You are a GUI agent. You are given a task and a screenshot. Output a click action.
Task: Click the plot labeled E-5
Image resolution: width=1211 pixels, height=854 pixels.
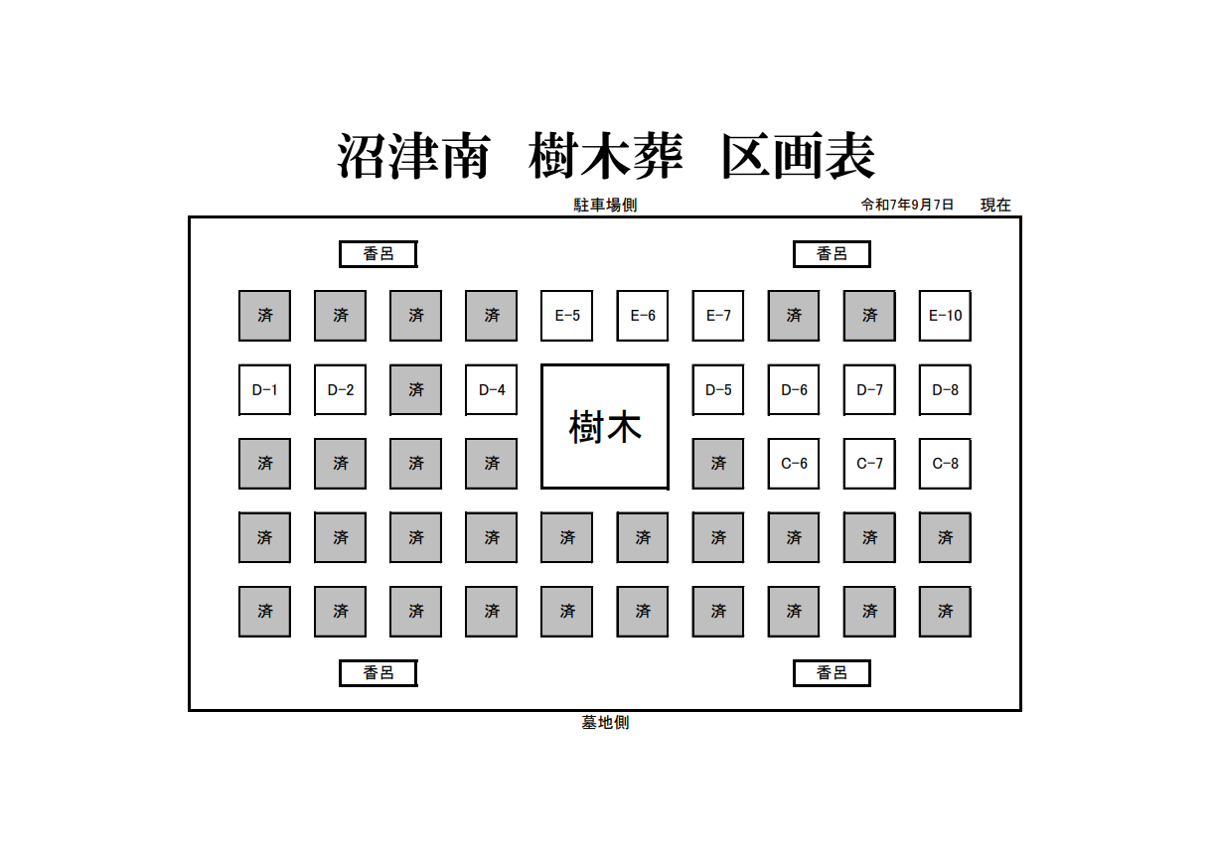(x=567, y=316)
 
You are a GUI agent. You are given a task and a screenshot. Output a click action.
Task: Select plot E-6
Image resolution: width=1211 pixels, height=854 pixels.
(x=643, y=316)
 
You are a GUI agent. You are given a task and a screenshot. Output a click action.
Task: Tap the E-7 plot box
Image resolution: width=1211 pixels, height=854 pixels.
(x=718, y=316)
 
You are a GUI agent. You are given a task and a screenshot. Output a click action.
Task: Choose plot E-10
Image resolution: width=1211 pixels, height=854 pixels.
(x=945, y=316)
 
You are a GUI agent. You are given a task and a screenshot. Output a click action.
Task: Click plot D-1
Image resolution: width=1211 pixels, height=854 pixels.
(x=264, y=390)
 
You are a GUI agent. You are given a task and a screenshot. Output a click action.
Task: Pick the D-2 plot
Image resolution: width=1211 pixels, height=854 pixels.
(x=341, y=390)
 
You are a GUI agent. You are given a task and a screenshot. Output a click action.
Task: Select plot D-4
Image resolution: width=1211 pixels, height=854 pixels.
(x=492, y=390)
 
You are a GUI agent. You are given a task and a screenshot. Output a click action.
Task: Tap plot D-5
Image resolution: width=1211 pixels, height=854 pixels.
(x=718, y=390)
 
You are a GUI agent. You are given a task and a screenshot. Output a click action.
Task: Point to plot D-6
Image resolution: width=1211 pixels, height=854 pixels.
(x=794, y=390)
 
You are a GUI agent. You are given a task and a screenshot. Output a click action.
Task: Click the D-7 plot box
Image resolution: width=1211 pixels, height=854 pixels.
(x=869, y=390)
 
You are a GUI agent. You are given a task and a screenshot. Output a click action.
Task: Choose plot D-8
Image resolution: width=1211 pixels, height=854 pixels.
(x=945, y=390)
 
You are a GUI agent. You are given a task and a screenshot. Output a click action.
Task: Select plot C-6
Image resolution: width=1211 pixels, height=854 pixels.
(x=794, y=464)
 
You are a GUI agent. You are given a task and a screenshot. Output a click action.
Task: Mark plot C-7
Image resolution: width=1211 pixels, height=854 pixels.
(x=869, y=464)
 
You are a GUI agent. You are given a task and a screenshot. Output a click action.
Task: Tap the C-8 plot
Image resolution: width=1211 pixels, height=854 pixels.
(x=945, y=464)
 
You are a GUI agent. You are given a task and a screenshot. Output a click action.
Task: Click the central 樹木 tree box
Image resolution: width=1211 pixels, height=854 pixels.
(x=605, y=427)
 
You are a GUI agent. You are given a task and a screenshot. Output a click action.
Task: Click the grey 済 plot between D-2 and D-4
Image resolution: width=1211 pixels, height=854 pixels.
(x=416, y=390)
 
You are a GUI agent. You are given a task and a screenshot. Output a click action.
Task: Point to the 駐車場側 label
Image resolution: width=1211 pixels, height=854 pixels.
(x=605, y=206)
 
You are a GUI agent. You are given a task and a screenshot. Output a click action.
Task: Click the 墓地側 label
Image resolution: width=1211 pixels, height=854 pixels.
(x=605, y=723)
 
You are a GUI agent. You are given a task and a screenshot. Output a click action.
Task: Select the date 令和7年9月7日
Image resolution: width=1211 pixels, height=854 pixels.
(x=907, y=205)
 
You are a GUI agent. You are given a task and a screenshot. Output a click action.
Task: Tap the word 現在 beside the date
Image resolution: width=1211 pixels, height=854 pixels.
(x=995, y=206)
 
